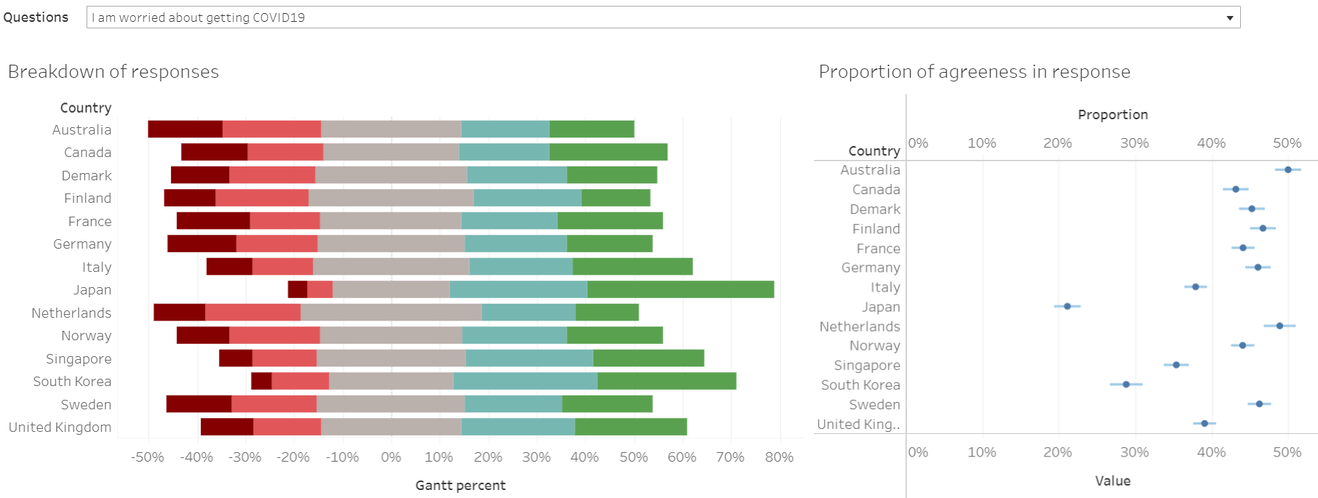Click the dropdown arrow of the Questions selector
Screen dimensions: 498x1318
pos(1229,17)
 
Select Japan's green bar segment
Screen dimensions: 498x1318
pos(680,289)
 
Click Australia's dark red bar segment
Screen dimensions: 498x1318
pos(185,129)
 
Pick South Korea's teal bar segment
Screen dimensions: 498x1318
pos(525,381)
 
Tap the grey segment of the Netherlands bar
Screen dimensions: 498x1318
pos(391,313)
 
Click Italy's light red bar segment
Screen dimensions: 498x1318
pos(282,267)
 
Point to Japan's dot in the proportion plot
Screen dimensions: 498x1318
pos(1067,307)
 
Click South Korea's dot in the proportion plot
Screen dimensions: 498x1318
pos(1126,384)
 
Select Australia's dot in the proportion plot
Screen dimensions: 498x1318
pos(1287,169)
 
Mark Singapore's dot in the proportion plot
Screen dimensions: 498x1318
pos(1176,365)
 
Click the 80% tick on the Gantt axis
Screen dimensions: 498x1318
pos(779,457)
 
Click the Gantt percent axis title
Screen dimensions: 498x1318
pos(460,486)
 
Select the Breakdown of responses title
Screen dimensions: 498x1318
pos(113,72)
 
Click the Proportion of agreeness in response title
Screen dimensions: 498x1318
pos(974,72)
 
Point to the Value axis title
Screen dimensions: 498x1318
pos(1112,481)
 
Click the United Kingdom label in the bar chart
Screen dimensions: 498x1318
pos(60,427)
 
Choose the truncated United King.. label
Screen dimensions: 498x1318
pos(858,425)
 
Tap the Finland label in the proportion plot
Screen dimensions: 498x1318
pos(876,229)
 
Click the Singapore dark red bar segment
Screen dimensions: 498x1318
pos(236,358)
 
